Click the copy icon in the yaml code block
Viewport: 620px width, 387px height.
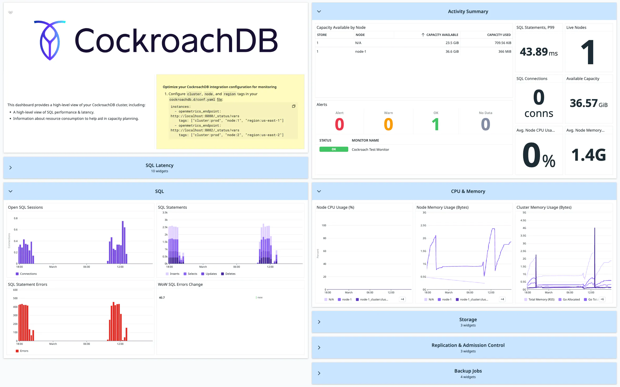(x=293, y=106)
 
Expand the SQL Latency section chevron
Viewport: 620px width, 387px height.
(x=10, y=168)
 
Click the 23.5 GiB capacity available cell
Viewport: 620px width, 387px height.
(x=452, y=43)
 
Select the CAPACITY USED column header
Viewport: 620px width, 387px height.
(x=499, y=35)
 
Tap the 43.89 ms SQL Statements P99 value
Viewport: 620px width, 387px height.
(x=538, y=52)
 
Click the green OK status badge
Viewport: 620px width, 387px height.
(x=334, y=149)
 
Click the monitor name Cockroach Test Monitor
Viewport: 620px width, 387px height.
(x=370, y=149)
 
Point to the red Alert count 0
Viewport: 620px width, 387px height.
(x=339, y=124)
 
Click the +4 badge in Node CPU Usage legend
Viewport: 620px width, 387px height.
(x=402, y=299)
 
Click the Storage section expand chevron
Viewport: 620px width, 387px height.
(x=319, y=322)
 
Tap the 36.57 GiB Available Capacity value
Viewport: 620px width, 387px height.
(x=588, y=103)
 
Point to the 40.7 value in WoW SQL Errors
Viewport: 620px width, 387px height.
(x=162, y=298)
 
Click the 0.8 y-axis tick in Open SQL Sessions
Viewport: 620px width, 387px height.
(x=16, y=218)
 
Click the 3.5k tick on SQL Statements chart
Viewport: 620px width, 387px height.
(x=165, y=213)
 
